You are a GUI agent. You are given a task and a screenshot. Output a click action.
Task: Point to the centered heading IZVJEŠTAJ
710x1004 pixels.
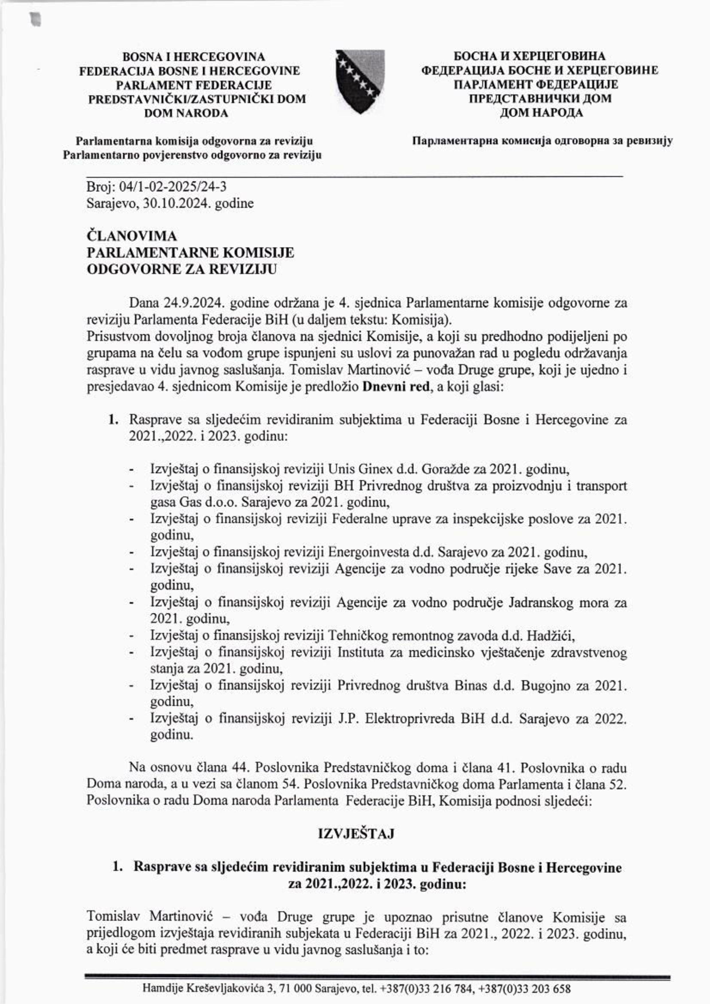356,834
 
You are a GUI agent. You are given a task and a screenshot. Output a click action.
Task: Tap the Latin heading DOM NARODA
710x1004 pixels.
186,113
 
